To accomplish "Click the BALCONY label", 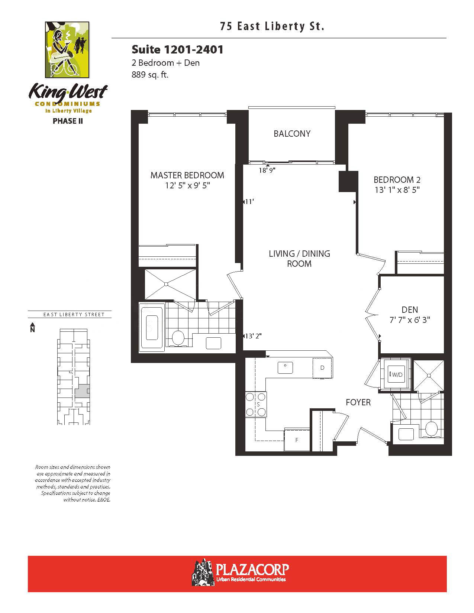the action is tap(292, 133).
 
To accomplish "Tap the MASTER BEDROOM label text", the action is tap(187, 175).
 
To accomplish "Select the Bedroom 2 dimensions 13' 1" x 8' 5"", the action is tap(397, 190).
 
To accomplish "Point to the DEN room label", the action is tap(410, 310).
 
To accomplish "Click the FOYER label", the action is tap(358, 402).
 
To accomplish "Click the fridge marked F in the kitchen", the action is tap(297, 440).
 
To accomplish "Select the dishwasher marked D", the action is tap(322, 367).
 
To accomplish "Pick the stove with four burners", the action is tap(256, 405).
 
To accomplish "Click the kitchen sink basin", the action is tap(285, 367).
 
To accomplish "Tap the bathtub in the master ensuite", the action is tap(152, 327).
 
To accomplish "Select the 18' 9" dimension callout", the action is tap(267, 170).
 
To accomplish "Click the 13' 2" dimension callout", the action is tap(253, 336).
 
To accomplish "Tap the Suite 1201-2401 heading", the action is tap(178, 50).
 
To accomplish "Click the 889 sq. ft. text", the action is tap(150, 75).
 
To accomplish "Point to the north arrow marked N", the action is tap(32, 327).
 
